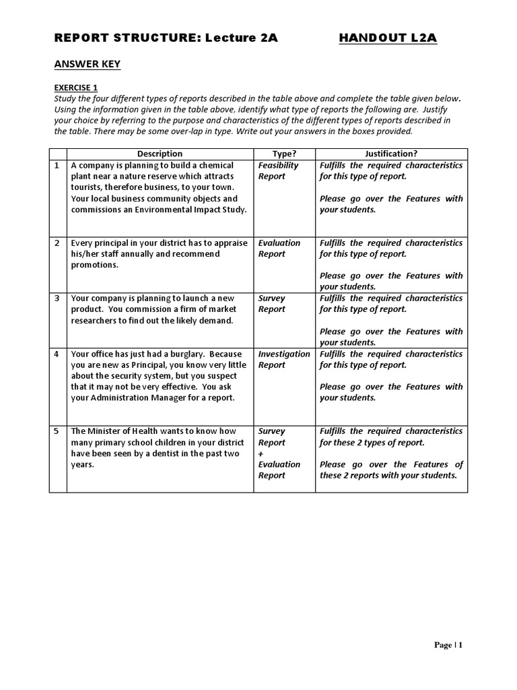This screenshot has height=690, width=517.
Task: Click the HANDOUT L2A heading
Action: click(388, 38)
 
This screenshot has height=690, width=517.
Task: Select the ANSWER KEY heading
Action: click(87, 64)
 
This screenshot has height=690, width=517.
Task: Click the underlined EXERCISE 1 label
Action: click(75, 87)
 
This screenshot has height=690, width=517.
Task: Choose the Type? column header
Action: click(284, 154)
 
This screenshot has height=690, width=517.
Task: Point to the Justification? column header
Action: click(391, 154)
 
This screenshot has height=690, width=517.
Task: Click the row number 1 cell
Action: click(57, 165)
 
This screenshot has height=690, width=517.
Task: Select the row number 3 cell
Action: click(57, 298)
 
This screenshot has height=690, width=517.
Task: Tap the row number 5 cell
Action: click(57, 431)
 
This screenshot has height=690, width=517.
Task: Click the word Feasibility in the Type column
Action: click(278, 165)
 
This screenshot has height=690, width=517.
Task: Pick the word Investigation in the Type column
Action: click(284, 354)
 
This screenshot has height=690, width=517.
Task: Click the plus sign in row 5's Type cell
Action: click(261, 453)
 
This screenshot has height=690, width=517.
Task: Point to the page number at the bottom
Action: click(448, 645)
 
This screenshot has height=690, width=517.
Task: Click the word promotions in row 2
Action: click(94, 265)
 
